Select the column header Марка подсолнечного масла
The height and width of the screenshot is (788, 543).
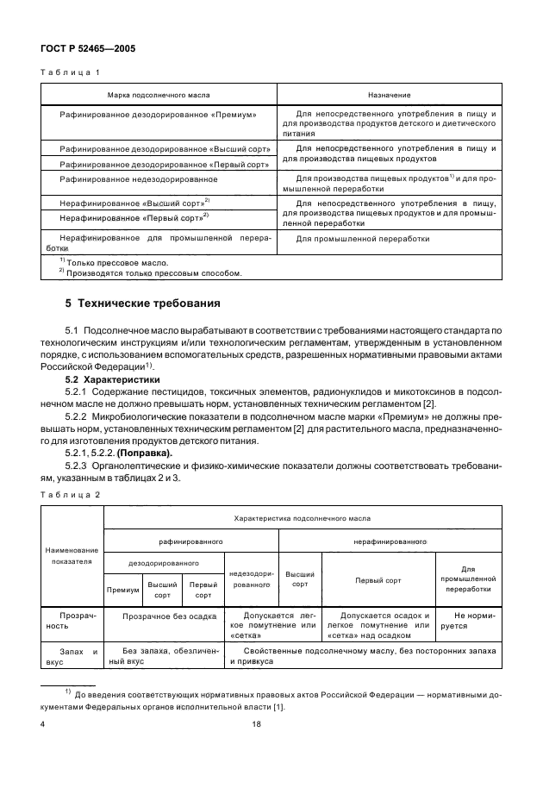pyautogui.click(x=158, y=94)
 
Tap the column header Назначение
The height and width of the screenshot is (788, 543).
pyautogui.click(x=389, y=94)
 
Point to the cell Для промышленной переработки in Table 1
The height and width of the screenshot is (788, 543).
pyautogui.click(x=363, y=239)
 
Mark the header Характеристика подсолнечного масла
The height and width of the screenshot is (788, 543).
pyautogui.click(x=303, y=518)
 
